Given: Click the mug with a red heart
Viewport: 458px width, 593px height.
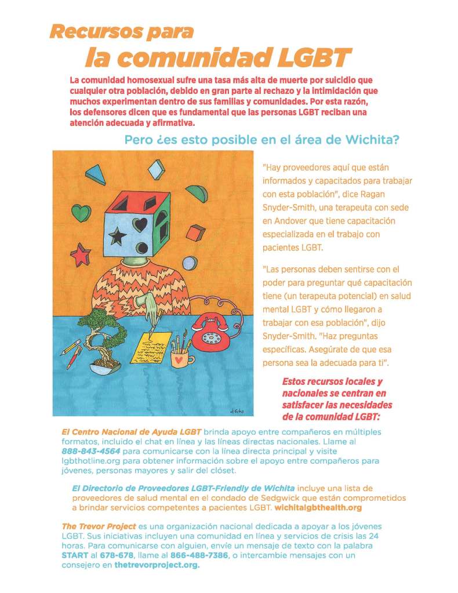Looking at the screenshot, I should click(x=182, y=360).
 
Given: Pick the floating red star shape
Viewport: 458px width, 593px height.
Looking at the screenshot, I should click(x=81, y=253).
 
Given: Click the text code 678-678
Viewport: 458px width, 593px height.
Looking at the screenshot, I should click(x=113, y=555).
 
